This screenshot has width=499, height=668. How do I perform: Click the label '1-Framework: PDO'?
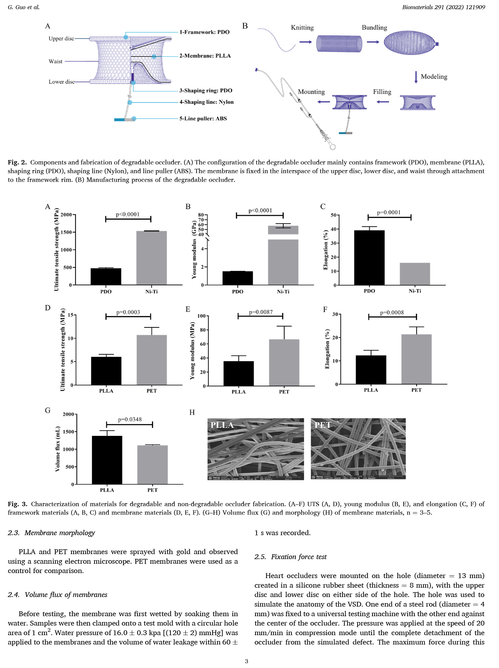point(204,32)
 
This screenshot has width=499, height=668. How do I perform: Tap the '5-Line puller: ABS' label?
point(203,118)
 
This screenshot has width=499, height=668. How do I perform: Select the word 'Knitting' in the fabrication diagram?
point(302,27)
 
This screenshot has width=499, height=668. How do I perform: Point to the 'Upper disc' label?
point(61,38)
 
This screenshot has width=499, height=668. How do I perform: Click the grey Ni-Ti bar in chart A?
point(151,258)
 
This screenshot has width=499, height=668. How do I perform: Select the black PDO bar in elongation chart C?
point(369,258)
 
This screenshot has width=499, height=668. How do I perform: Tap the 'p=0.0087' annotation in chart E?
point(261,312)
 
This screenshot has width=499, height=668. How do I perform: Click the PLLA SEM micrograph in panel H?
point(256,449)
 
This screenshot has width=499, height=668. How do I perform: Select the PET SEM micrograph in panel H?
point(358,449)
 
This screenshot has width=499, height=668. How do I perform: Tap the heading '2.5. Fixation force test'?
point(290,556)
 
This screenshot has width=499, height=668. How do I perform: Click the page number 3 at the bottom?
point(246,661)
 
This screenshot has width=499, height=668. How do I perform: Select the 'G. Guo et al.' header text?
point(23,7)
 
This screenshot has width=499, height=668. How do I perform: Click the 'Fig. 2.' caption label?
point(17,162)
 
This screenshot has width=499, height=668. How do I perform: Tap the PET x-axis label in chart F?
point(416,390)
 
